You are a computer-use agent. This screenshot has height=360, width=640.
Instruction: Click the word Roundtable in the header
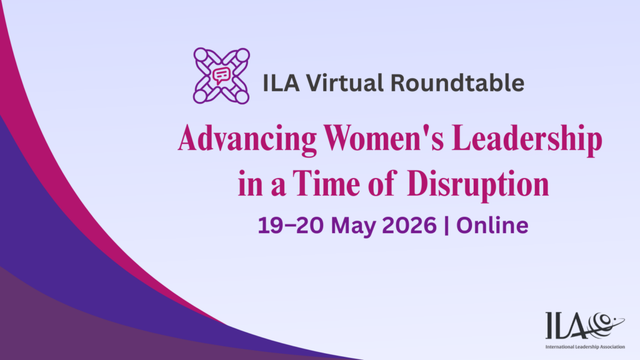click(x=457, y=83)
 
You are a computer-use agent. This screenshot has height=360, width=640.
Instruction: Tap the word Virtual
click(x=344, y=83)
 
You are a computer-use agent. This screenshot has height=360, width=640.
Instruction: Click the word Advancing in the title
click(x=247, y=139)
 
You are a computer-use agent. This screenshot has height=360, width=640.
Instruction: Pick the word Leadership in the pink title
click(x=527, y=139)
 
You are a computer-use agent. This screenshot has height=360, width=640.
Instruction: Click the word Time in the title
click(x=326, y=183)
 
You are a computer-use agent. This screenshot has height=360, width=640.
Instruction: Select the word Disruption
click(x=478, y=184)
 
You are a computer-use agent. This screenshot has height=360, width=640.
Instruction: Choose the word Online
click(x=492, y=225)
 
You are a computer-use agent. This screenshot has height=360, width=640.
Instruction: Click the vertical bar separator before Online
click(x=446, y=225)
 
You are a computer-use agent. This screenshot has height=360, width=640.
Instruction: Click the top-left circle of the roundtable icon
click(x=201, y=54)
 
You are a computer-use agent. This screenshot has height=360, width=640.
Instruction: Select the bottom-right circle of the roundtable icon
click(x=242, y=97)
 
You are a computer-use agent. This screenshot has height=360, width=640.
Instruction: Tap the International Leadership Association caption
click(x=585, y=347)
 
